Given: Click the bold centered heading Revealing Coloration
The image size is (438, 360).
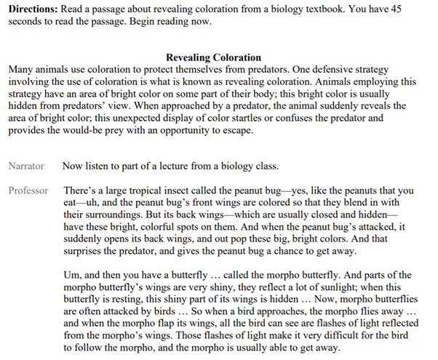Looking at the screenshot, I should point(213,57).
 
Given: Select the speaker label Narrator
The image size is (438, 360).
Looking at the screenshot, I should point(25,167).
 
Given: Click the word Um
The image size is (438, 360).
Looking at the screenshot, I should point(72,275).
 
